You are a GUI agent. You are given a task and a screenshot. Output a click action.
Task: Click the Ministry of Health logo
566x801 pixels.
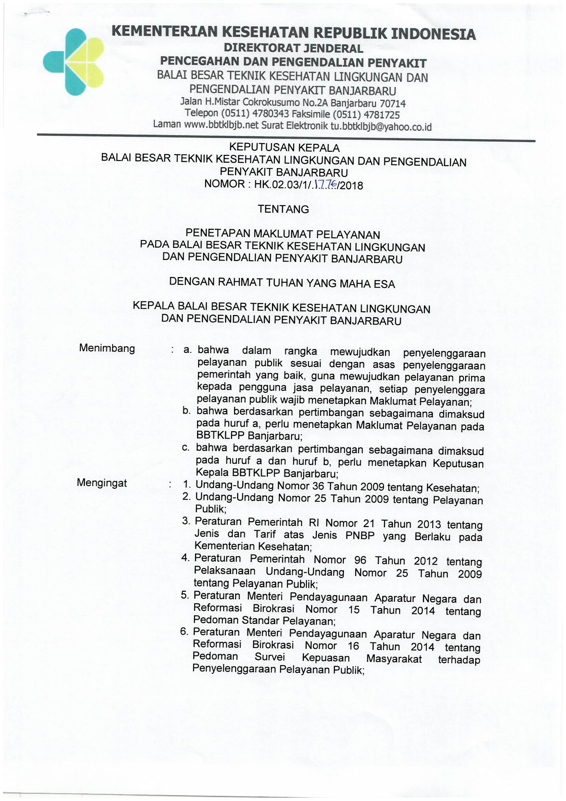[74, 62]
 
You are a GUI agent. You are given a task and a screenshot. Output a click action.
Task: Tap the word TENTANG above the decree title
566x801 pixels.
[283, 209]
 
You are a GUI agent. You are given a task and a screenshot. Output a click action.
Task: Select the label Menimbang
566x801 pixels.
[107, 348]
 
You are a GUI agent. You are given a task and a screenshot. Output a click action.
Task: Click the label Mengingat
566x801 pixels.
[102, 483]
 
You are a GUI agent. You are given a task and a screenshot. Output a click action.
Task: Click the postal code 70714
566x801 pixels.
[393, 104]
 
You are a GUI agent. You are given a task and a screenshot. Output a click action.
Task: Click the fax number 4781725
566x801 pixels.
[382, 115]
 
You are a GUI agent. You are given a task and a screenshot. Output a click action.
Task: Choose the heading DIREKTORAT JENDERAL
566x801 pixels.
[293, 48]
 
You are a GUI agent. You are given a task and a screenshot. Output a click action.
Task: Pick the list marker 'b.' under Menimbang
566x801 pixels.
[186, 411]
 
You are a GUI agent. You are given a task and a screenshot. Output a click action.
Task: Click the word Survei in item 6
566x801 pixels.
[270, 657]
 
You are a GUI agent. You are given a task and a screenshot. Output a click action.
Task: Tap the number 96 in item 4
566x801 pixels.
[360, 560]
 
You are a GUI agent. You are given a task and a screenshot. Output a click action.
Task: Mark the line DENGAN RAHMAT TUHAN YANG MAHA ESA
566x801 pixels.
[282, 283]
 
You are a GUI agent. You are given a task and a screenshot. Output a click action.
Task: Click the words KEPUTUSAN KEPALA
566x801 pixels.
[284, 148]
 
